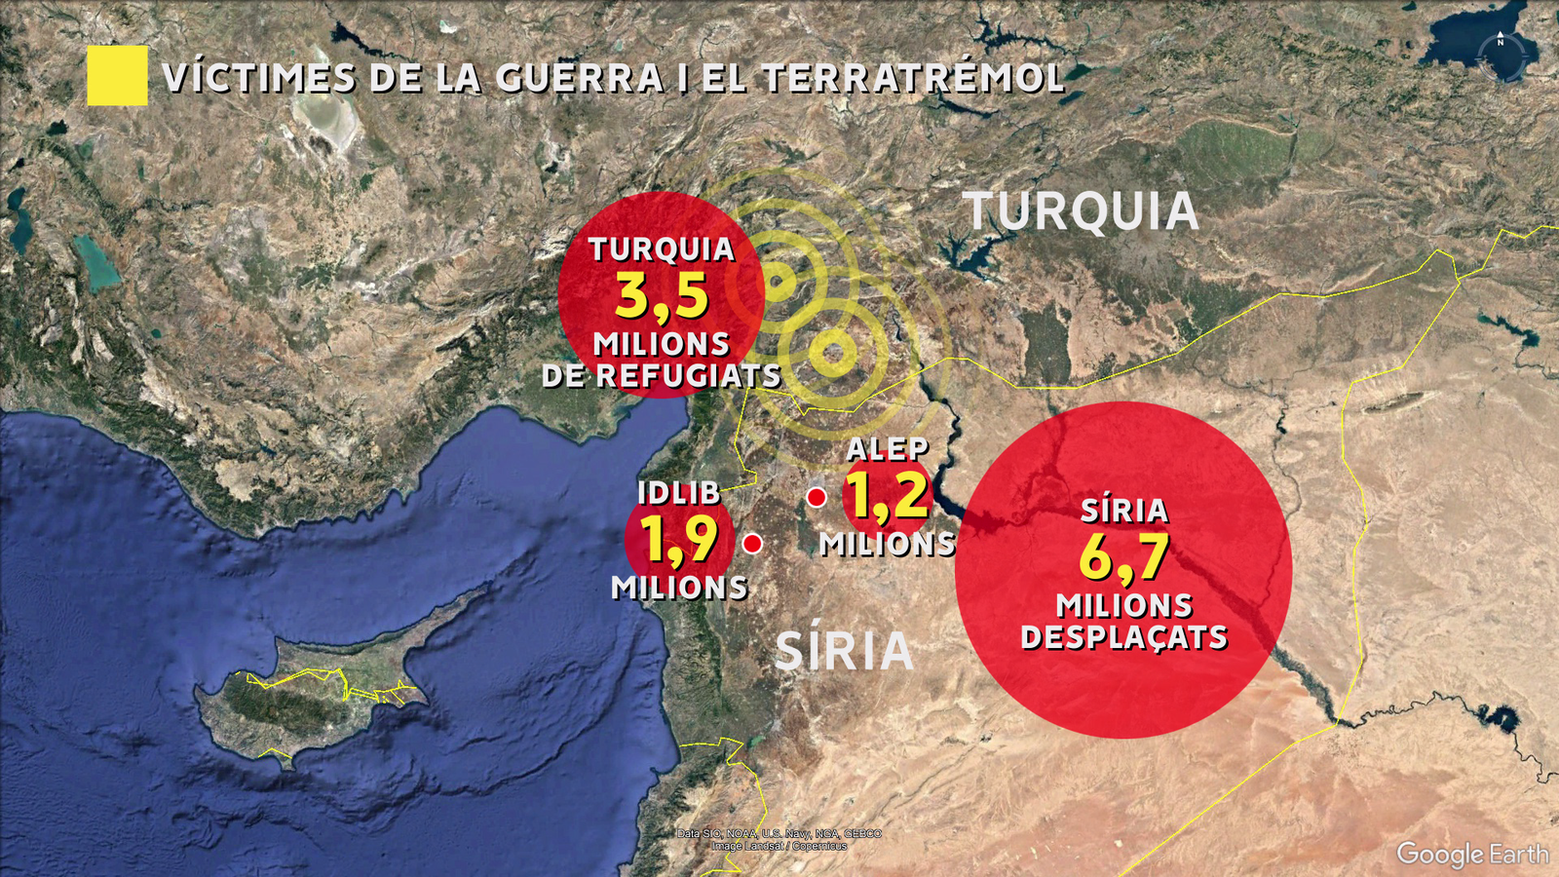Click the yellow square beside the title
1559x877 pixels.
(117, 76)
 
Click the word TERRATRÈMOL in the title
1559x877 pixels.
(914, 79)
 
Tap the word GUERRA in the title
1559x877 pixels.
(580, 79)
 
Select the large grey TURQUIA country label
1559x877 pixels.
(1081, 212)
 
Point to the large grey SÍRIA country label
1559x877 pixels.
(844, 652)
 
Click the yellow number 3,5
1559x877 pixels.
(662, 296)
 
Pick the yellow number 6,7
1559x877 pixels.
(1123, 557)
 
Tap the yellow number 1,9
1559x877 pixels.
(679, 540)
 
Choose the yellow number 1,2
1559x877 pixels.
(887, 495)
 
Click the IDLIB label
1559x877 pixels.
(678, 493)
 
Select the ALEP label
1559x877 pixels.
(887, 449)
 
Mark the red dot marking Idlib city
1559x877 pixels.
(752, 544)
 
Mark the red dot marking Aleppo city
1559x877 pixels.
(817, 498)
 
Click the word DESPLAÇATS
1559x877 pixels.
(1123, 637)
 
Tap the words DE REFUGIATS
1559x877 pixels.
(662, 376)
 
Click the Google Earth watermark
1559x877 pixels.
(1471, 854)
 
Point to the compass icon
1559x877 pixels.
(1501, 55)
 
